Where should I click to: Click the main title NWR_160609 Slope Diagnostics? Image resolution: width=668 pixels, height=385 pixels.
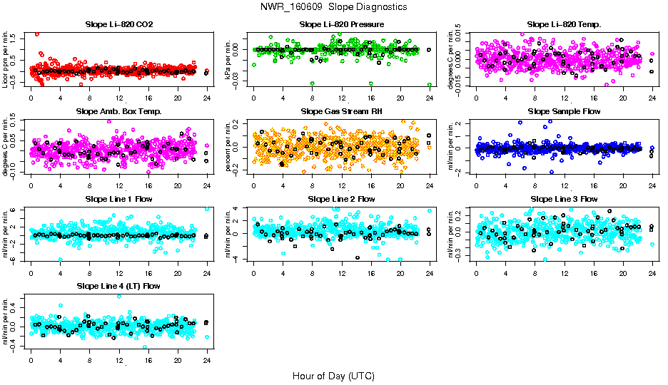pos(334,6)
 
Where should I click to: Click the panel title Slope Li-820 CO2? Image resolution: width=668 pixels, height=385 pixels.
pos(118,25)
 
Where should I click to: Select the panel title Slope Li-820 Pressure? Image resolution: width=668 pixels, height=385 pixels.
pos(342,25)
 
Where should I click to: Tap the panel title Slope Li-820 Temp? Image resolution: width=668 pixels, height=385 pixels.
pos(564,25)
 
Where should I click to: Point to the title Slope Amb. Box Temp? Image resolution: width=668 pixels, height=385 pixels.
pos(118,112)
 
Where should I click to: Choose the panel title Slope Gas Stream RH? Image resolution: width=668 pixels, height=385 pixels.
pos(342,112)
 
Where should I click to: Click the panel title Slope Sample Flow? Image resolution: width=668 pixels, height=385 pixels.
pos(564,112)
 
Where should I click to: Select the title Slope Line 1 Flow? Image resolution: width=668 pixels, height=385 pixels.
pos(118,199)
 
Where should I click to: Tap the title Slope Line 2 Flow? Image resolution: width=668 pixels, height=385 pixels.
pos(342,199)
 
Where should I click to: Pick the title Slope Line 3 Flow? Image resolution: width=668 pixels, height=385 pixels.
pos(564,199)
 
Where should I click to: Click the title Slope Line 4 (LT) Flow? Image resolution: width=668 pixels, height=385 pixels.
pos(118,286)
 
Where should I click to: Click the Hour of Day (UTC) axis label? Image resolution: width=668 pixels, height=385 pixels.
pos(333,375)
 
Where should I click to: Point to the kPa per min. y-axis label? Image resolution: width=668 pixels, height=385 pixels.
pos(231,59)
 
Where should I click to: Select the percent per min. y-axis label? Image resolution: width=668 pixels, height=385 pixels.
pos(231,146)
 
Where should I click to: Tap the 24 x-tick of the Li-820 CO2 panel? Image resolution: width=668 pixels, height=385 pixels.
pos(207,98)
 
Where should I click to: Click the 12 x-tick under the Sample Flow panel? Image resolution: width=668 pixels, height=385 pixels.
pos(565,185)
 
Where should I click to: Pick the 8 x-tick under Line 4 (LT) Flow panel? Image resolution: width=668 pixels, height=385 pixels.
pos(89,360)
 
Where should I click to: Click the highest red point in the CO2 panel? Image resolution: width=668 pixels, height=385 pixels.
pos(37,34)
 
